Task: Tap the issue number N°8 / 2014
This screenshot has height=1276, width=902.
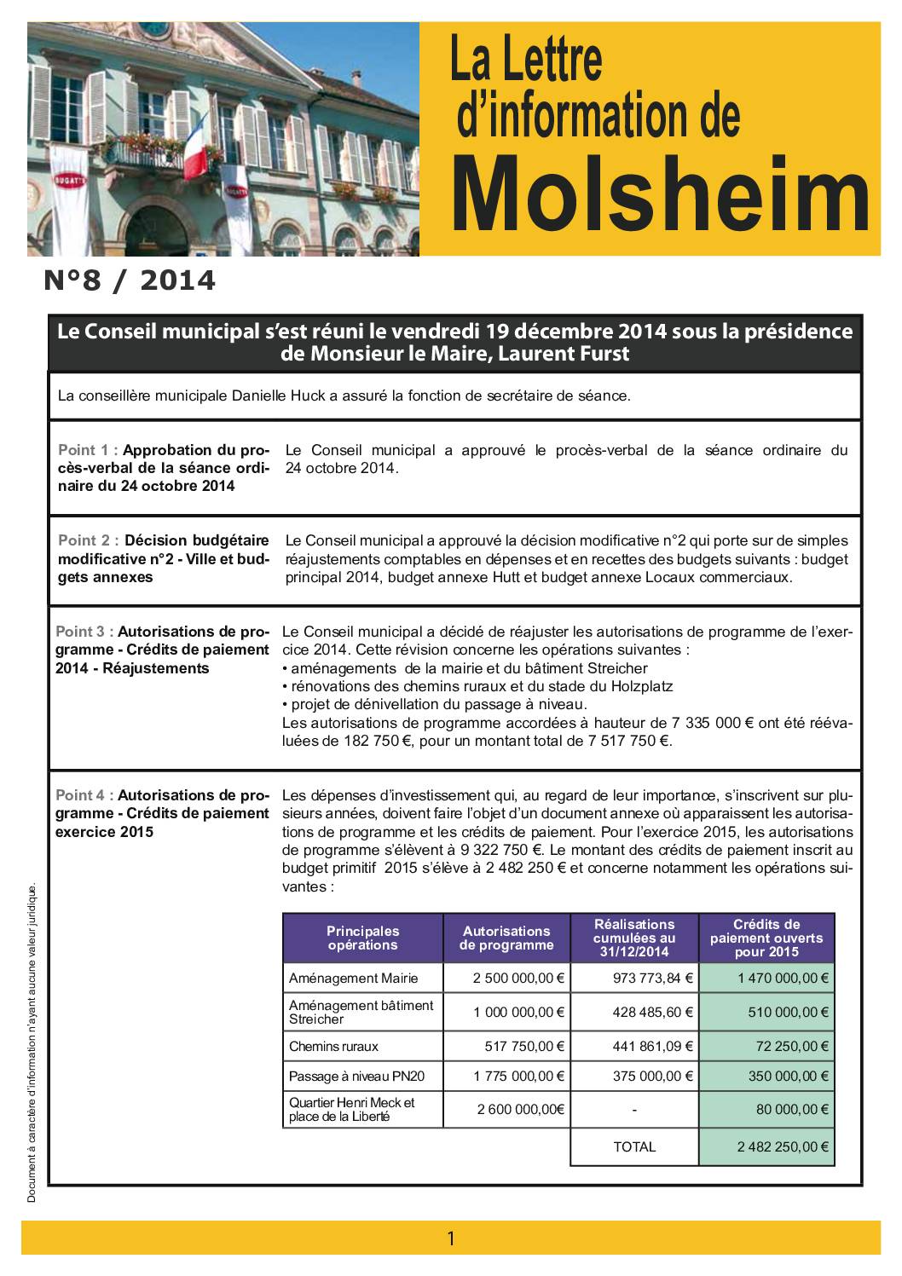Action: click(x=130, y=280)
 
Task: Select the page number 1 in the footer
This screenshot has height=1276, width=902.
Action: click(x=451, y=1238)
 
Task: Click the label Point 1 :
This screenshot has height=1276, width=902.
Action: click(x=88, y=450)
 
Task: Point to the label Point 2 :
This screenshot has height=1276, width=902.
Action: click(x=88, y=540)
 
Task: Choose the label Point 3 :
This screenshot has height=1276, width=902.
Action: click(x=85, y=632)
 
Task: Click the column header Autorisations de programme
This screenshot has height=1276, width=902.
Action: click(x=506, y=938)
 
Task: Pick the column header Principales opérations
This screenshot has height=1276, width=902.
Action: click(x=362, y=938)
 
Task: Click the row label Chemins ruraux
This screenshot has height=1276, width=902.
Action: click(x=333, y=1046)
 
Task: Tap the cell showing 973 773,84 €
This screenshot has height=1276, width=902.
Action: click(x=653, y=978)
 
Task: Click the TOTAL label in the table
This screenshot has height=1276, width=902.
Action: click(x=634, y=1146)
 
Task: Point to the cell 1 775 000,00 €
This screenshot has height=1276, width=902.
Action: click(x=519, y=1077)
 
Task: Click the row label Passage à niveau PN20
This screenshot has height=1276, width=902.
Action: click(x=356, y=1077)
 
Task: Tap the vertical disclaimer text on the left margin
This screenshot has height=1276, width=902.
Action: click(x=32, y=1043)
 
